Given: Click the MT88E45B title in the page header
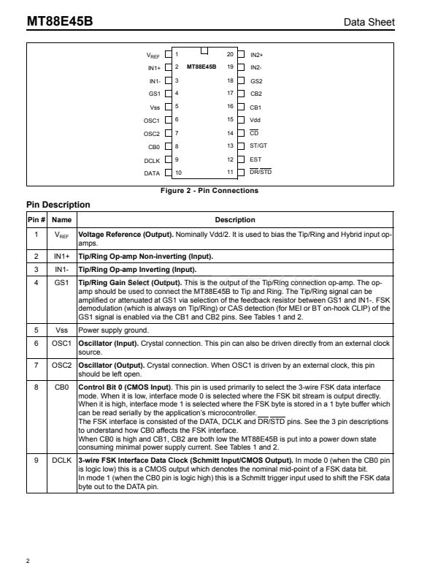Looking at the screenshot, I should tap(60, 22).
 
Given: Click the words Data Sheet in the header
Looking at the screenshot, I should tap(369, 23).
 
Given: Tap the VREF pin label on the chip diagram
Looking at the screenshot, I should tap(153, 55).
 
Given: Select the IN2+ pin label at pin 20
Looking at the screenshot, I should tap(257, 54).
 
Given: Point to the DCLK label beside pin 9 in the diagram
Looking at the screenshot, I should tap(152, 159).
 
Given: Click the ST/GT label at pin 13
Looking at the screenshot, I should tap(258, 145).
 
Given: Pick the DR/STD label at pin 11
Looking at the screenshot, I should tap(261, 173).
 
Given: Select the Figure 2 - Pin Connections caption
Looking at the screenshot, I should tap(209, 191).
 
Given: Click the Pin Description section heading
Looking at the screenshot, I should tap(58, 205).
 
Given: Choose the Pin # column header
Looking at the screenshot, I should tap(36, 219).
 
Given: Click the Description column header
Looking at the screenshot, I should tap(235, 219).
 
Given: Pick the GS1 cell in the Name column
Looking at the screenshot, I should tap(62, 282).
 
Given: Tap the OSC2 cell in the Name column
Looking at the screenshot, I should tap(62, 364).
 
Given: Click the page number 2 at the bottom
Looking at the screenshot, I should tap(28, 561).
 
